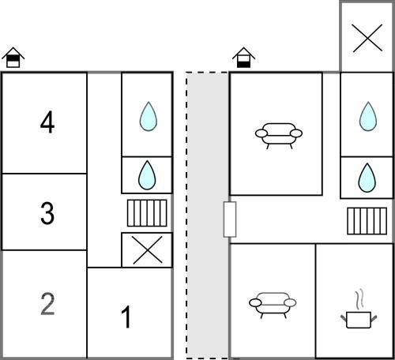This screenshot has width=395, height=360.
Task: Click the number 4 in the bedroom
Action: point(47,122)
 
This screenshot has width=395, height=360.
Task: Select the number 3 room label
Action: point(47,213)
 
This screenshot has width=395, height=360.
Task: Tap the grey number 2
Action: point(47,304)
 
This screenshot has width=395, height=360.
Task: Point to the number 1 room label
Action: point(126,317)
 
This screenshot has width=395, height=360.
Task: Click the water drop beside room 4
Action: point(149,116)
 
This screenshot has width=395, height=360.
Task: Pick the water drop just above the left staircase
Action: point(147,175)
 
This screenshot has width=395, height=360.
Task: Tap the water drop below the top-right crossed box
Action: point(368,116)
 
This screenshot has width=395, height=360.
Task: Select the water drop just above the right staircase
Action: point(367,178)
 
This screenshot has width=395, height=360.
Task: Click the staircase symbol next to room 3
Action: point(147,213)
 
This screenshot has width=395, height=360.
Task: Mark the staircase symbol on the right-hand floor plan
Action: point(367,221)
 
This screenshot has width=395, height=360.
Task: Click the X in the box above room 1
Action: point(148,250)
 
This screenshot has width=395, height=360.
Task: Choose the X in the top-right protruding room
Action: point(367,38)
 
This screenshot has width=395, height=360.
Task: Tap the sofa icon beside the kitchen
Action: point(273,306)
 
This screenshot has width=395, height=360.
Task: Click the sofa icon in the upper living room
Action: point(279,136)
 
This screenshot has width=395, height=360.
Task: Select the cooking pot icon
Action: point(359,320)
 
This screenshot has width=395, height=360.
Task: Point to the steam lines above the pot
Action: point(360,299)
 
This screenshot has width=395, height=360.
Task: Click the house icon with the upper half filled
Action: point(13,58)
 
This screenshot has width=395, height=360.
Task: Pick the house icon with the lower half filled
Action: point(243,58)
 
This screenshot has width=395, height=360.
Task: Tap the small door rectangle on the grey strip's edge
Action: point(230,219)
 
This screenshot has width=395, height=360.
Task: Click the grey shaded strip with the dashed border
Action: point(207,215)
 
